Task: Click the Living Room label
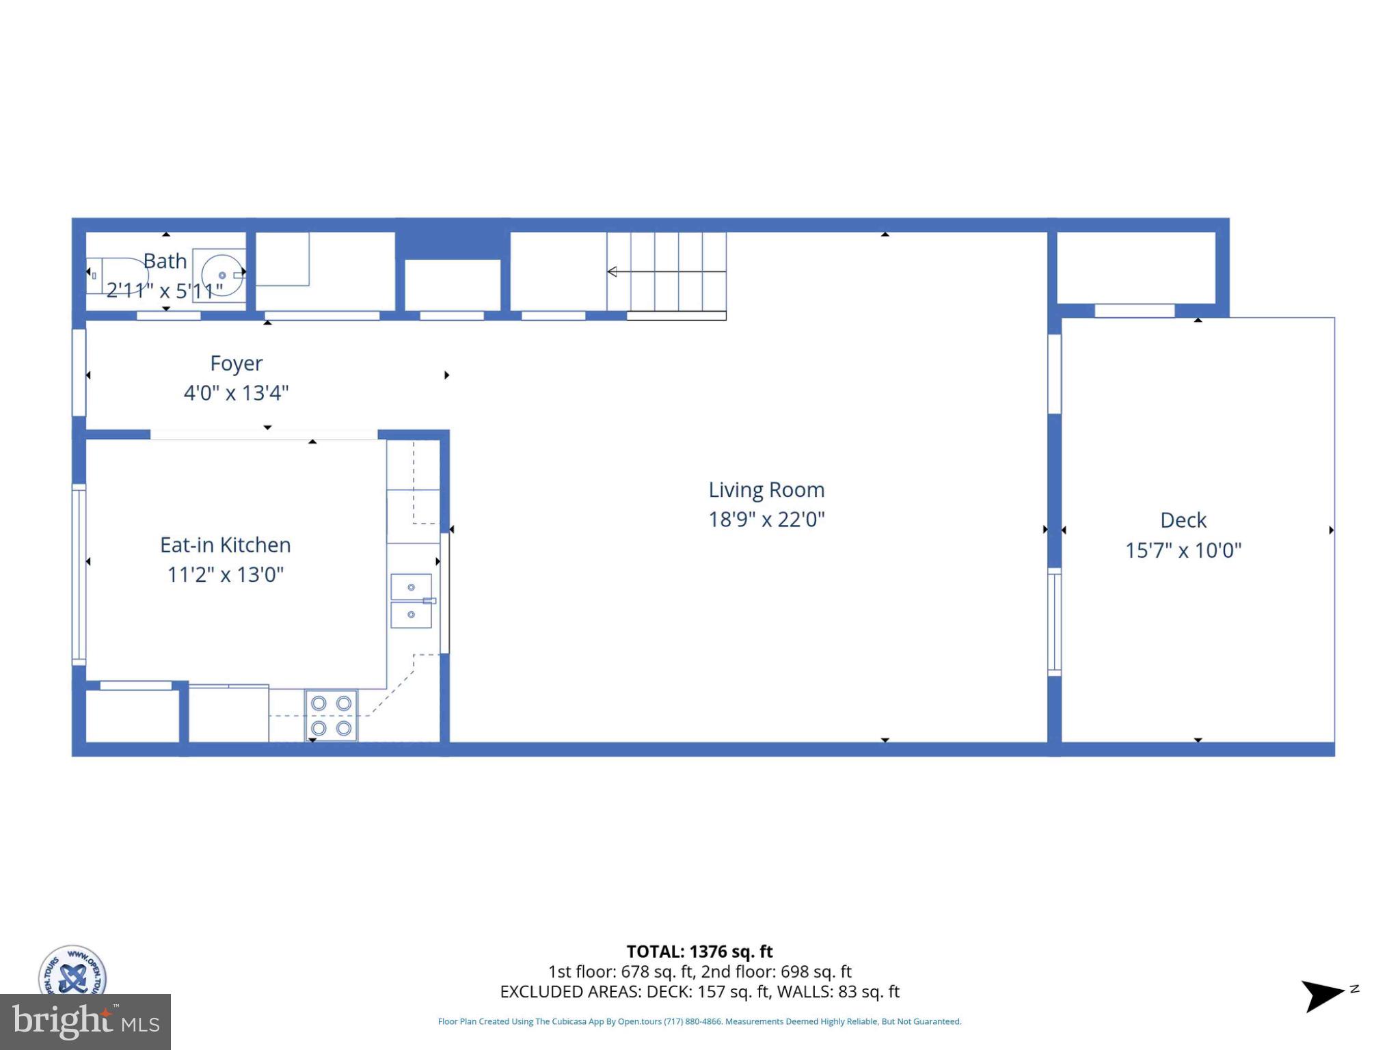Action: click(766, 489)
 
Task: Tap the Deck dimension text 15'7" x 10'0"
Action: click(1183, 550)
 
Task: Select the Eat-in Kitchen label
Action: click(226, 545)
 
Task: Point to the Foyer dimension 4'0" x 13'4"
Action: click(236, 393)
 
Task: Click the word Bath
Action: click(165, 261)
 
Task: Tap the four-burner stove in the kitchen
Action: click(331, 715)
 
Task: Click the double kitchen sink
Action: click(412, 601)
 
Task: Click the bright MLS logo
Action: click(85, 1022)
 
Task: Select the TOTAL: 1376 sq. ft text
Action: click(699, 952)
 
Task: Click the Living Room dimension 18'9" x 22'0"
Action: click(766, 520)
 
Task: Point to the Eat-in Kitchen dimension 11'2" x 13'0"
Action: click(226, 574)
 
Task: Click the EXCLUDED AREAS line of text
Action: click(699, 992)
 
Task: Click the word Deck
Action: click(1183, 520)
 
